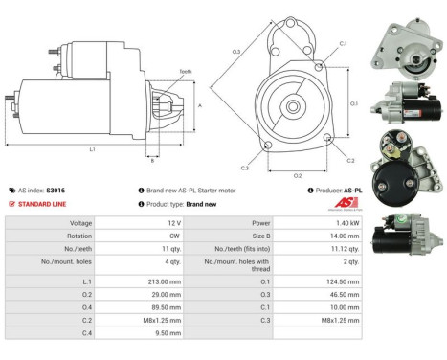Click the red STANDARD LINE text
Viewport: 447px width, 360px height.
44,204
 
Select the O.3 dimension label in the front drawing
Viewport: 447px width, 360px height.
235,51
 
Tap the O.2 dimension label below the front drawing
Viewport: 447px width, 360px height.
298,176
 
